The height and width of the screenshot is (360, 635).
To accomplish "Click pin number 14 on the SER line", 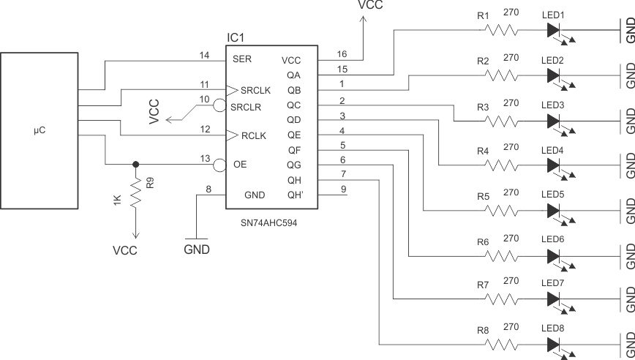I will click(x=204, y=54).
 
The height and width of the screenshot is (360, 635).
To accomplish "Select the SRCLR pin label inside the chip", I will click(x=248, y=107).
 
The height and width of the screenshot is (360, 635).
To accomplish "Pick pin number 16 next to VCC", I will click(x=342, y=54).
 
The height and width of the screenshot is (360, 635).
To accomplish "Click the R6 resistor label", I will click(x=483, y=241).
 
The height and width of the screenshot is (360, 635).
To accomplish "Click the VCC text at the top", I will click(x=370, y=5).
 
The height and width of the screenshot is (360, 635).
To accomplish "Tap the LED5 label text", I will click(x=552, y=195).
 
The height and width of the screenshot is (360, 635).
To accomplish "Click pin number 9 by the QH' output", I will click(x=342, y=190).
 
